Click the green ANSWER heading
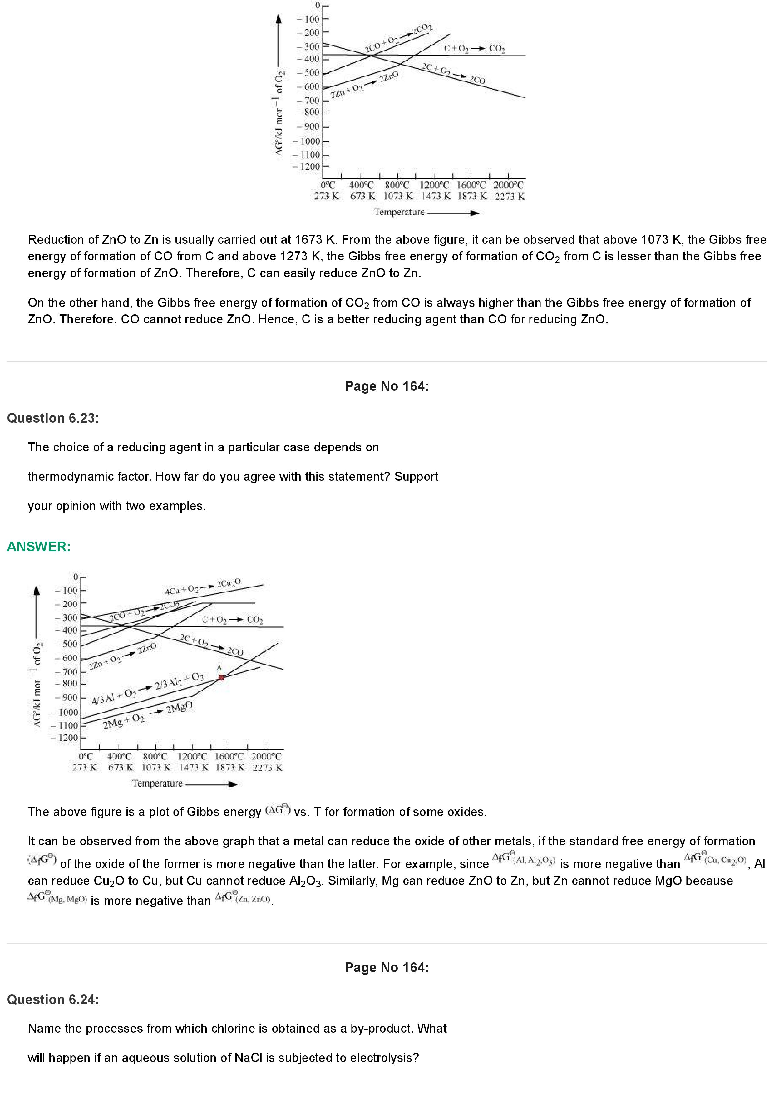pos(39,547)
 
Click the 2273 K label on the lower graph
pos(268,768)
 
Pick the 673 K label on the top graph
pos(362,196)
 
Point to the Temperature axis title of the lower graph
pos(157,783)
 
